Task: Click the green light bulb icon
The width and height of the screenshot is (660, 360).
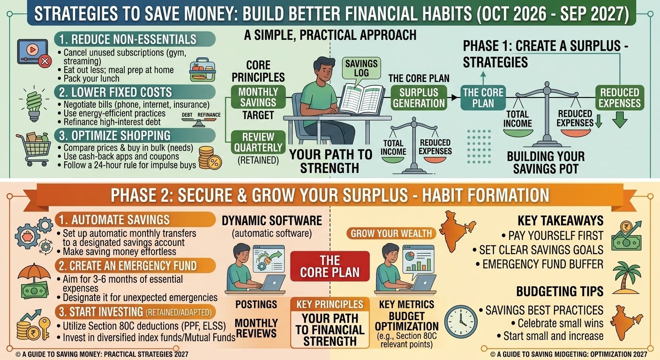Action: pos(34,104)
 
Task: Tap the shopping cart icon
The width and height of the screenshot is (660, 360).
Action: pos(33,149)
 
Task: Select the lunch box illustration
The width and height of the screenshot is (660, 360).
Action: pos(202,69)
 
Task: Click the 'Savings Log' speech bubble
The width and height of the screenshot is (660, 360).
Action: pos(361,68)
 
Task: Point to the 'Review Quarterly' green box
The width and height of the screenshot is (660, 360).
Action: pos(258,142)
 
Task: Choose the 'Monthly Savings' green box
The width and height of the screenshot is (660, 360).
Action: pos(258,97)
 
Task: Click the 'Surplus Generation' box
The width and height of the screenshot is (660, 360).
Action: pos(419,98)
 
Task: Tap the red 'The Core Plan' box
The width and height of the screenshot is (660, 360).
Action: pos(330,266)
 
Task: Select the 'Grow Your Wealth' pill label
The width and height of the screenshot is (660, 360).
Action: pos(391,233)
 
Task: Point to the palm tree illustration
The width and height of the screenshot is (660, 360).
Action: pos(627,277)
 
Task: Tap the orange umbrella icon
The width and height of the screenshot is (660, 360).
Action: pos(34,272)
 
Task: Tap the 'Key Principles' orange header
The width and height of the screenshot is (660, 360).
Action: pos(330,304)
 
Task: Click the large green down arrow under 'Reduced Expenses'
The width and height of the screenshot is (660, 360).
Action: pos(620,120)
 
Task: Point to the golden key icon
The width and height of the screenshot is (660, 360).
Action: pos(45,329)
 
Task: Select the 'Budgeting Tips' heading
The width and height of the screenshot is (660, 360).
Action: pos(560,292)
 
